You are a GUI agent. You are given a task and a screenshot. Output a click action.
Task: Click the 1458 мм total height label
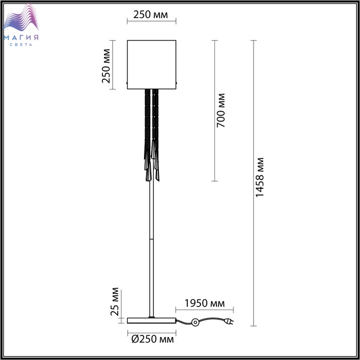[x=260, y=177]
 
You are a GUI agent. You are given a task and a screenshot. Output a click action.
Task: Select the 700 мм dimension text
[x=221, y=111]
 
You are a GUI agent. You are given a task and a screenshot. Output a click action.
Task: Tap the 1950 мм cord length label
[x=205, y=303]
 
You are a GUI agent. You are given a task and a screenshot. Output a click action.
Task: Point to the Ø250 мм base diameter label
[x=152, y=339]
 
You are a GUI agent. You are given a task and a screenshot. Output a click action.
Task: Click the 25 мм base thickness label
[x=115, y=302]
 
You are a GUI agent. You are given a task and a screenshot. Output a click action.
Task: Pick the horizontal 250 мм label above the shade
[x=151, y=15]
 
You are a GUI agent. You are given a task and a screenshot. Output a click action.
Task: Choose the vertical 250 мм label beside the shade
[x=106, y=66]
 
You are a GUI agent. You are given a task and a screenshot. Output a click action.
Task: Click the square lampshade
[x=152, y=64]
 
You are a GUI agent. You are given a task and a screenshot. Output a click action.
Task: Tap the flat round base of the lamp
[x=152, y=320]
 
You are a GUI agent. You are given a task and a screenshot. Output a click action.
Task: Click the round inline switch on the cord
[x=195, y=322]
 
